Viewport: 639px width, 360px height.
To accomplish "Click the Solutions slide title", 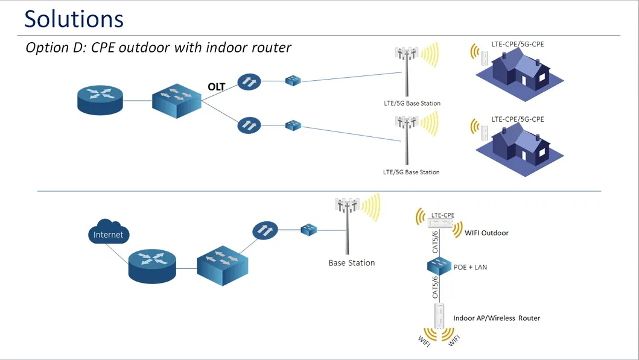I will (74, 19).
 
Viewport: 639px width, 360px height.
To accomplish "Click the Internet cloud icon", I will (108, 233).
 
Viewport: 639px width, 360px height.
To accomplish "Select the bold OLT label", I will (216, 87).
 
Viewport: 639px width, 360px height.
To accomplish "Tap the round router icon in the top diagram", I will (100, 99).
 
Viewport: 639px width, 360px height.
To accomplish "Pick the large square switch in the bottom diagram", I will (222, 265).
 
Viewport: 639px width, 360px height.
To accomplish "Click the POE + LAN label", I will (470, 267).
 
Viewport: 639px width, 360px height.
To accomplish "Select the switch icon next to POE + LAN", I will (439, 265).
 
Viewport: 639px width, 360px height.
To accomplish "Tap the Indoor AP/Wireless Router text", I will (496, 318).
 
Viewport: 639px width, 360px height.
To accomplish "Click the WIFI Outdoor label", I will (486, 233).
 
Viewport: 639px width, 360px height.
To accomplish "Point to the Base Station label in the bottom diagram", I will (351, 263).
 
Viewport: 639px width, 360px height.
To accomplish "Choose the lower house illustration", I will (520, 147).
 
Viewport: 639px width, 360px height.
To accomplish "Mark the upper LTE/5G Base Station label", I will (412, 103).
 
